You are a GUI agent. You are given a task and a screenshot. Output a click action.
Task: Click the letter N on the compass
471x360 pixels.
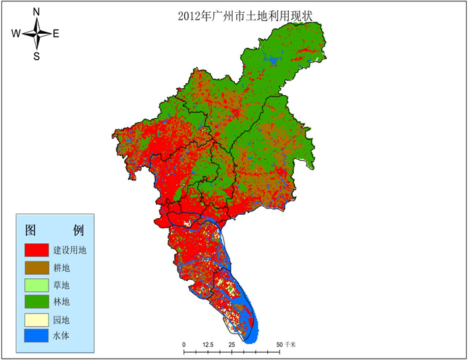point(36,11)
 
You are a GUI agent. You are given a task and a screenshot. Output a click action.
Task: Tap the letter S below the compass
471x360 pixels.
point(36,57)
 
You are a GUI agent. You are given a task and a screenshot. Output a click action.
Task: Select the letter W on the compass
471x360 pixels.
point(16,34)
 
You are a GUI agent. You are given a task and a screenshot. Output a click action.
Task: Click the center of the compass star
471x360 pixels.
point(36,34)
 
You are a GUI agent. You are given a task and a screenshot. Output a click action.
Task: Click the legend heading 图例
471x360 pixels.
point(53,228)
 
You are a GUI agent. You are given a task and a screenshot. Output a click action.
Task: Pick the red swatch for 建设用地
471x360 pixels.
point(36,250)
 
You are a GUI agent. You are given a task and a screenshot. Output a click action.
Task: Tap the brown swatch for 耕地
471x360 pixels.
point(36,267)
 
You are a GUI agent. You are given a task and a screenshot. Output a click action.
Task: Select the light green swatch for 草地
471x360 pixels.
point(36,284)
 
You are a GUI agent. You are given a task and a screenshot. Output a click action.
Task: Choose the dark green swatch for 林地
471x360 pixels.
point(36,301)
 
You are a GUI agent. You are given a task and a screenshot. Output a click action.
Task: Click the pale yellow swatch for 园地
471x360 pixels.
point(36,317)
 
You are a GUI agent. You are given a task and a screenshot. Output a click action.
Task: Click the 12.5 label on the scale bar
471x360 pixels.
point(208,344)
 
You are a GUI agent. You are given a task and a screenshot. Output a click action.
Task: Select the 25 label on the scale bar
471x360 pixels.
point(231,344)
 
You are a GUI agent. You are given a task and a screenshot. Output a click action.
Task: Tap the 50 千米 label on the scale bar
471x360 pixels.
point(287,344)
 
